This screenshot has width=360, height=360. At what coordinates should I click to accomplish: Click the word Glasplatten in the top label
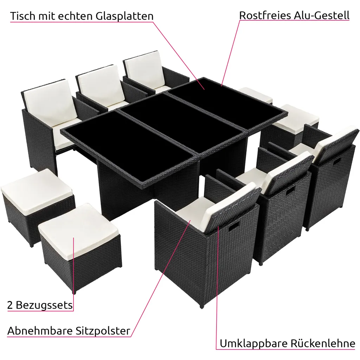click(124, 16)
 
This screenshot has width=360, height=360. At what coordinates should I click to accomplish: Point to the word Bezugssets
click(44, 305)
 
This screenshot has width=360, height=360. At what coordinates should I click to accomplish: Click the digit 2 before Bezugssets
click(10, 305)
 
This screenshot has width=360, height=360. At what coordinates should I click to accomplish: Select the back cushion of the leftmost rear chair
click(50, 101)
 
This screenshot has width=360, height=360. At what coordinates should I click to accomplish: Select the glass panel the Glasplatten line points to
click(226, 101)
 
